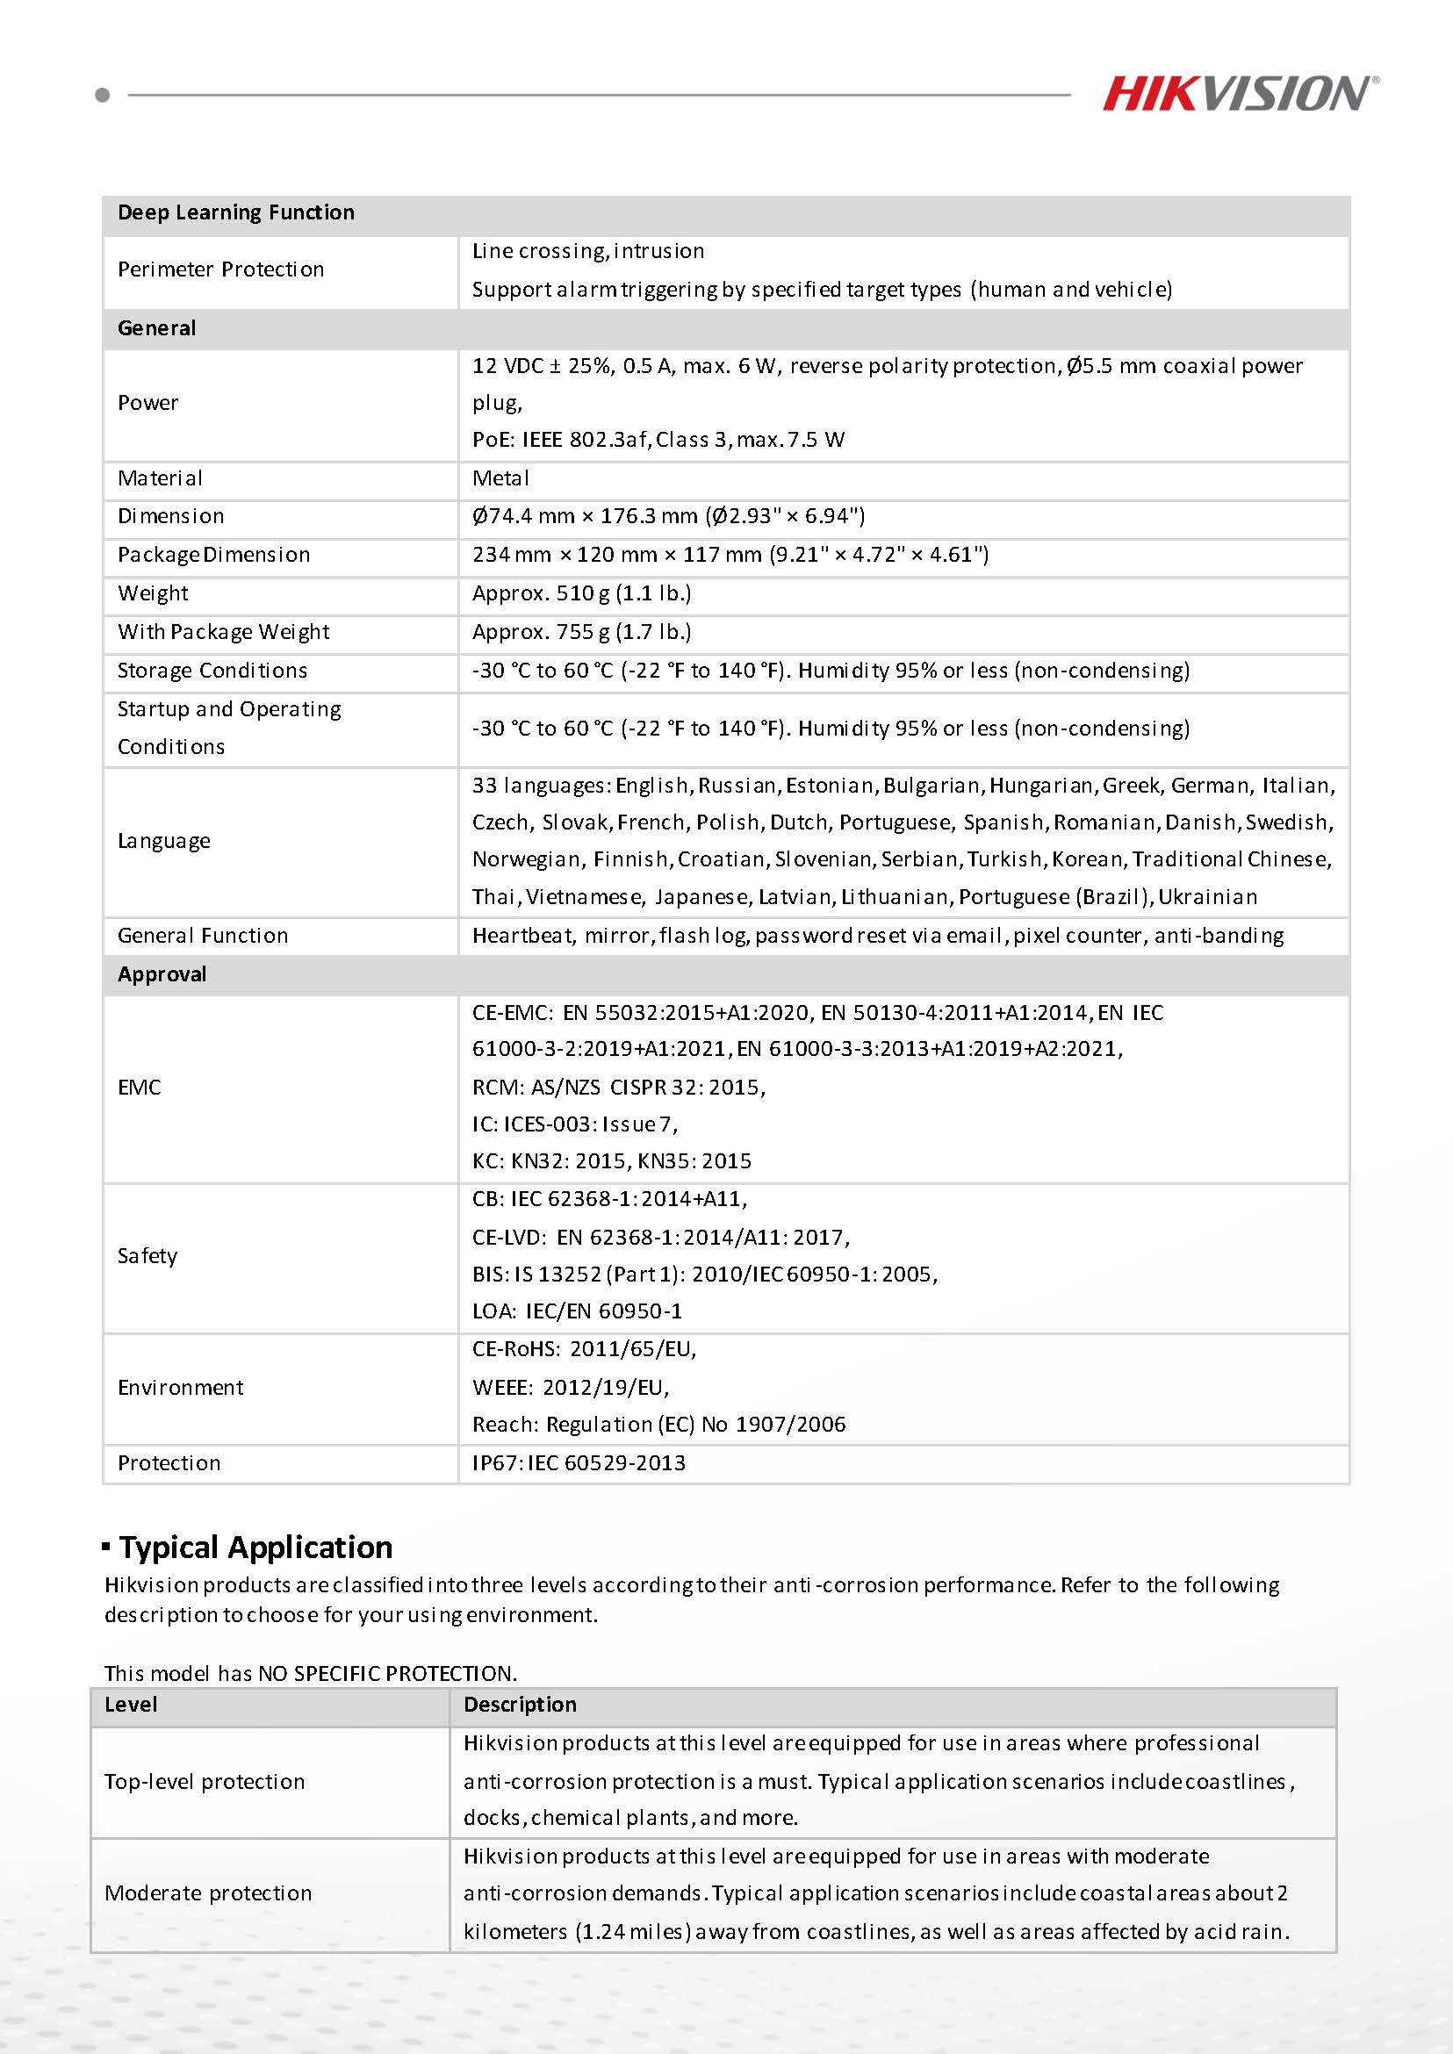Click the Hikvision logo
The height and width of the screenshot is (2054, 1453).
point(1240,94)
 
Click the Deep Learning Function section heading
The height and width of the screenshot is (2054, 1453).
point(236,213)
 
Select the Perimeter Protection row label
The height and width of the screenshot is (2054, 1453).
point(221,269)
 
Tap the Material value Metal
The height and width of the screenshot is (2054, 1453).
point(501,478)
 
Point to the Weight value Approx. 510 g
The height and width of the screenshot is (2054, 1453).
point(581,593)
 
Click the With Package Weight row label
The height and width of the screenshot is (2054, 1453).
point(224,632)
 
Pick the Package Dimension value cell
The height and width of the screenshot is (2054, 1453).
point(730,555)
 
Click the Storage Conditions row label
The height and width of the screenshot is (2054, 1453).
point(212,670)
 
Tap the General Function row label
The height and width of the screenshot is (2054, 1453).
point(203,936)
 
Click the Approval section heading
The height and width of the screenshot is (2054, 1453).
point(162,974)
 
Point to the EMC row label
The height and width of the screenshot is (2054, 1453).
point(140,1087)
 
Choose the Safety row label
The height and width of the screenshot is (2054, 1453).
point(147,1256)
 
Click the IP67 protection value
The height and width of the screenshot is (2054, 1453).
point(579,1462)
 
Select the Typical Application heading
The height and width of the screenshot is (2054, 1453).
point(255,1547)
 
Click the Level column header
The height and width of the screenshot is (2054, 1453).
point(131,1705)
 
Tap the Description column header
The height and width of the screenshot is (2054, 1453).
point(520,1705)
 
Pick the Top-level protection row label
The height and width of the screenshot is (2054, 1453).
point(205,1781)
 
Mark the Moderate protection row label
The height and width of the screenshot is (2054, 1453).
point(208,1893)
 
